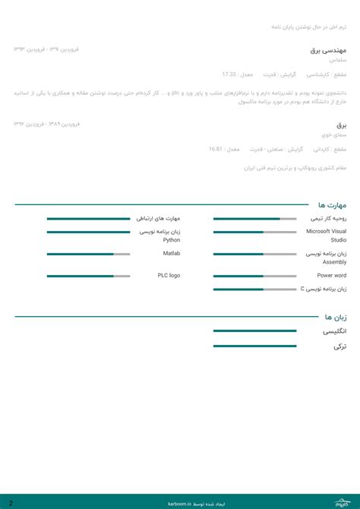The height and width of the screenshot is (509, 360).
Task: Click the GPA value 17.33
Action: (229, 74)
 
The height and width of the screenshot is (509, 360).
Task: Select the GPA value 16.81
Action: (216, 149)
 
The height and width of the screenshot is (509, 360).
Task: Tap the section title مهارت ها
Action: (332, 205)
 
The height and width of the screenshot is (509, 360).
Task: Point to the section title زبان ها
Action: (335, 317)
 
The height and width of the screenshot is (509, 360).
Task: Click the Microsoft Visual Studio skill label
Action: (327, 236)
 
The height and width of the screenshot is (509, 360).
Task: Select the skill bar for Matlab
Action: (88, 254)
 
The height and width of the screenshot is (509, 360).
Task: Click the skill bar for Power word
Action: (254, 276)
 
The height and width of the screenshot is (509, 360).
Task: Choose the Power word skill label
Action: (332, 276)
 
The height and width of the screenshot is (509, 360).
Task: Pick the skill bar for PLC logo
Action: (88, 276)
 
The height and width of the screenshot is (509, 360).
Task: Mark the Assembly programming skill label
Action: (327, 258)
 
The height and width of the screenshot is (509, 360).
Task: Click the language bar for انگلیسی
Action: (254, 330)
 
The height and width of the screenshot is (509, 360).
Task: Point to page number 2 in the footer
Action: (11, 502)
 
